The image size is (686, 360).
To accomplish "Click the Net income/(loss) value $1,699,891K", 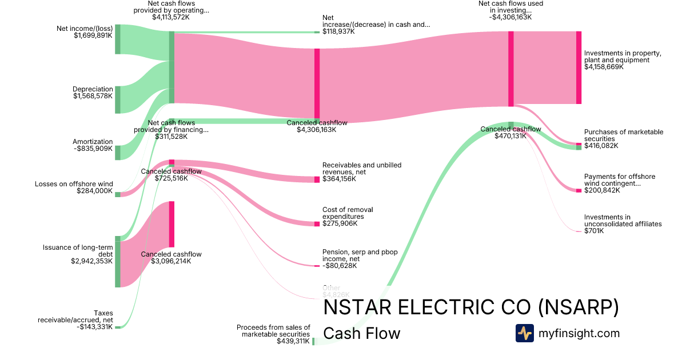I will (93, 35).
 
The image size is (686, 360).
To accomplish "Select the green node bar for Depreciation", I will (118, 99).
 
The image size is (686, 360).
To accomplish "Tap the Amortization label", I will (93, 142).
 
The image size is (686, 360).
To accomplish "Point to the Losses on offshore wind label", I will (74, 184).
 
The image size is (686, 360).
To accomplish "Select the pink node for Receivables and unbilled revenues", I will (317, 179).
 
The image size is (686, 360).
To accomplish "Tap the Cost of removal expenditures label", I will (343, 213).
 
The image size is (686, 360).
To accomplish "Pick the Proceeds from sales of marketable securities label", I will (273, 330).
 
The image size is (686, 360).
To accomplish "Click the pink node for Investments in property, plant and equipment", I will (579, 67).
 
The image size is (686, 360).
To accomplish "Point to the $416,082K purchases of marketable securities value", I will (601, 146).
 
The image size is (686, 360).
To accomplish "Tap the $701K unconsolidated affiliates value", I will (594, 231).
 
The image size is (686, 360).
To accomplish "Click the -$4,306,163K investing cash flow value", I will (510, 17).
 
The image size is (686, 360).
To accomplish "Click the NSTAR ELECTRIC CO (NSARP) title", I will (471, 307).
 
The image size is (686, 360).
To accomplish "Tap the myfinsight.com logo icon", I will (524, 333).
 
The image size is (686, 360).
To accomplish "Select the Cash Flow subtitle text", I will (362, 333).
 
